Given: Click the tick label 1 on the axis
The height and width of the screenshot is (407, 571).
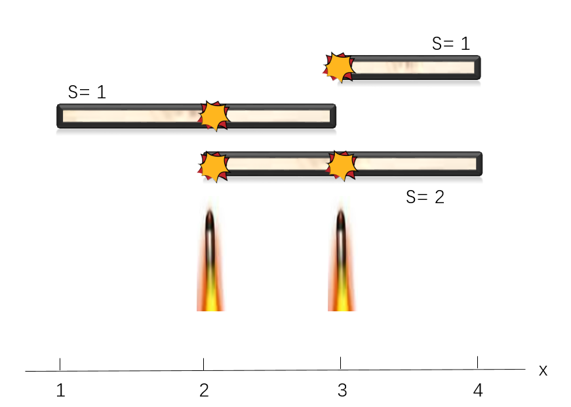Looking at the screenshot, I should (60, 391).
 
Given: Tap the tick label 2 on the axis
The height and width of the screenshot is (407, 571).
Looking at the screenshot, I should (204, 391).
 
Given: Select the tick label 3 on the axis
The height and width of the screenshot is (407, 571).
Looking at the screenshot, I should (342, 391).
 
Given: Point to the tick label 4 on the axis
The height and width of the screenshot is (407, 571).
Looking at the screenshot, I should (478, 391).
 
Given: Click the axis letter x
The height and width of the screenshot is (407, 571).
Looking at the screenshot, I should (543, 370).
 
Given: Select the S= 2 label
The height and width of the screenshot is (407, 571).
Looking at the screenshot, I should (425, 197).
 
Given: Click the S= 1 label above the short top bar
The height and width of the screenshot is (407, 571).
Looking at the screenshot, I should (451, 44).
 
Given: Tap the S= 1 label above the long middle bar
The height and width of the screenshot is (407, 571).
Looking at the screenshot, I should (87, 92).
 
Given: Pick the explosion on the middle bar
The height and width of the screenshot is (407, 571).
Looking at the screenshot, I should (214, 116).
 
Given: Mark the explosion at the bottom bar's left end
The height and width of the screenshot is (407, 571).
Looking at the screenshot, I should (213, 166).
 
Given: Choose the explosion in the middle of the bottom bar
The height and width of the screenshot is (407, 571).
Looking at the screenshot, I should (342, 166).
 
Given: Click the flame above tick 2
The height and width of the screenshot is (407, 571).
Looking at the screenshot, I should (210, 262).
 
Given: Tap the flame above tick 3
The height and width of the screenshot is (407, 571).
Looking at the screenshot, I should (341, 262).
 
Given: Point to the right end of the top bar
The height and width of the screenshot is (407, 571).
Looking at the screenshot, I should (478, 68).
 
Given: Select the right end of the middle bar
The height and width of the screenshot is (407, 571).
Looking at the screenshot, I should (333, 116).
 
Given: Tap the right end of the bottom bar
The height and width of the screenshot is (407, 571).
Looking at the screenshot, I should (479, 164).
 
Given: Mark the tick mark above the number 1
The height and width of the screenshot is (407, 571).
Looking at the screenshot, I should (60, 364).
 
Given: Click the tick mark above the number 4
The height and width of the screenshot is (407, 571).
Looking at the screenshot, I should (477, 362).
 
